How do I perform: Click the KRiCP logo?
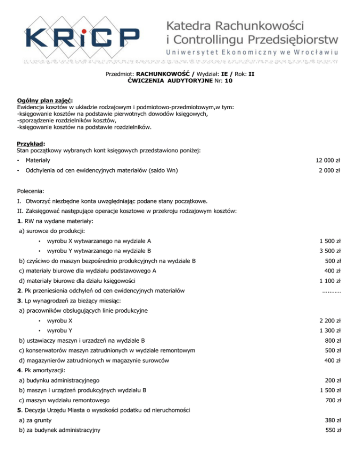[82, 35]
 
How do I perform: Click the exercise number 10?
[228, 81]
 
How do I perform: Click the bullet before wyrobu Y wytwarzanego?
[41, 250]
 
